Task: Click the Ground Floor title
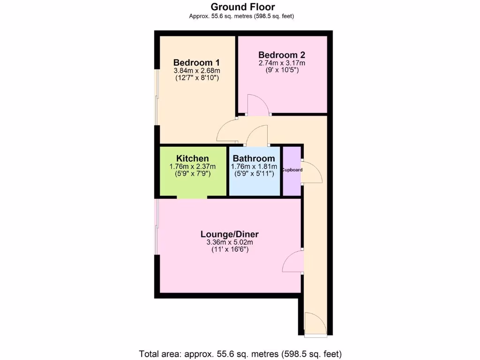tap(242, 7)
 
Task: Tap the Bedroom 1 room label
tap(196, 62)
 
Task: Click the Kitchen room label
tap(192, 158)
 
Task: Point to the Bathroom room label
tap(254, 158)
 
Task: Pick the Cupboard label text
tap(292, 170)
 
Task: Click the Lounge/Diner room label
tap(229, 234)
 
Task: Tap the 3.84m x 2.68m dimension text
tap(196, 70)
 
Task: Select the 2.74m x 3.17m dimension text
tap(282, 63)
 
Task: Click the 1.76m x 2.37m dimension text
tap(192, 166)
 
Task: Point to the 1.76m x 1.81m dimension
tap(254, 166)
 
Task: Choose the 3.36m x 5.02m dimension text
tap(229, 242)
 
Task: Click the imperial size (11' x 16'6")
tap(229, 250)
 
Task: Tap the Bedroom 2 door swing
tap(258, 105)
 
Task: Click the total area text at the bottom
tap(240, 353)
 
